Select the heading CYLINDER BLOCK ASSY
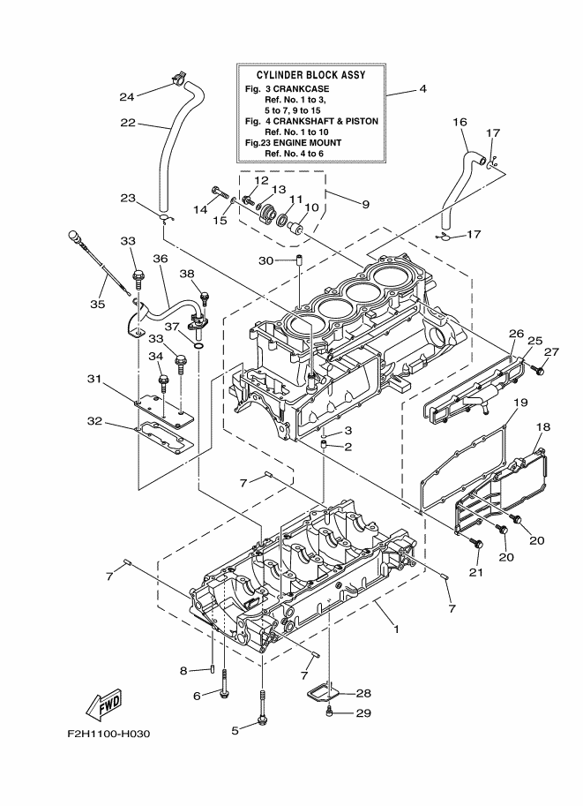pyautogui.click(x=311, y=76)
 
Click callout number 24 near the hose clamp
pyautogui.click(x=127, y=97)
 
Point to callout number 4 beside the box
pyautogui.click(x=422, y=89)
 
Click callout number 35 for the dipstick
pyautogui.click(x=97, y=305)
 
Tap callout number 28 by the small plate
pyautogui.click(x=363, y=694)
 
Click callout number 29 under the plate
pyautogui.click(x=363, y=713)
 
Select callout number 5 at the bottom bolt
pyautogui.click(x=235, y=730)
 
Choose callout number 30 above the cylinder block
pyautogui.click(x=265, y=260)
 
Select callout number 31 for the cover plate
pyautogui.click(x=94, y=380)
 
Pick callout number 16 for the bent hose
pyautogui.click(x=460, y=122)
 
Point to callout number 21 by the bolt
pyautogui.click(x=476, y=573)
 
